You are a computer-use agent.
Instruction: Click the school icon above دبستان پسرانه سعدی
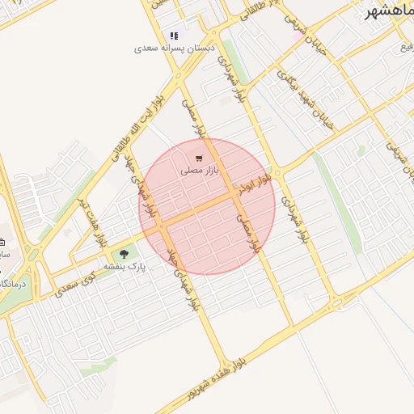(174, 36)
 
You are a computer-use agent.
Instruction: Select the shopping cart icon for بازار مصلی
(199, 158)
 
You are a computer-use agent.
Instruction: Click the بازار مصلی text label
(196, 171)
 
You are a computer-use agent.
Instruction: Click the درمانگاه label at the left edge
(12, 284)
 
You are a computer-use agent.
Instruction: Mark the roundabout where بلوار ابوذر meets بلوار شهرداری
(278, 173)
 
